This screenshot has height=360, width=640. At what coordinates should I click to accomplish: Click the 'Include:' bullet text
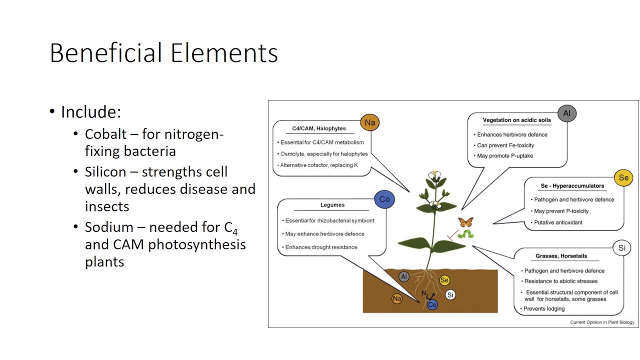click(91, 112)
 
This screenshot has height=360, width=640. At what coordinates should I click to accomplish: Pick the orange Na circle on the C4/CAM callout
click(369, 122)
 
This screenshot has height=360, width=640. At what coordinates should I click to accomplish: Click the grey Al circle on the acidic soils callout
click(566, 113)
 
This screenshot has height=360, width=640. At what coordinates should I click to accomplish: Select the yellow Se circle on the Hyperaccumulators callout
click(623, 177)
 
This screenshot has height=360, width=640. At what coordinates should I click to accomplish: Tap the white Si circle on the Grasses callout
click(621, 247)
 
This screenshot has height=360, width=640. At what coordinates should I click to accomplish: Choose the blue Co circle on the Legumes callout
click(384, 199)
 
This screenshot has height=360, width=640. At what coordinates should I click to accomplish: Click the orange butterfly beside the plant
click(465, 222)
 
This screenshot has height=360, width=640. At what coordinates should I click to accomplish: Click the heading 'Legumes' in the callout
click(332, 205)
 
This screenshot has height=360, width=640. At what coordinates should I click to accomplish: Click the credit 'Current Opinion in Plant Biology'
click(602, 322)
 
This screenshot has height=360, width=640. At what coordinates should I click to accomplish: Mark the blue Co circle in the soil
click(432, 304)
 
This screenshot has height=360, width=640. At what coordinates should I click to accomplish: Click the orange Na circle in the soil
click(397, 298)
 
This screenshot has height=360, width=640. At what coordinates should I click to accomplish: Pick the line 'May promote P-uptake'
click(504, 156)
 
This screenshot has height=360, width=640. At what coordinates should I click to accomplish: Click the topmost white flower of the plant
click(434, 175)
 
